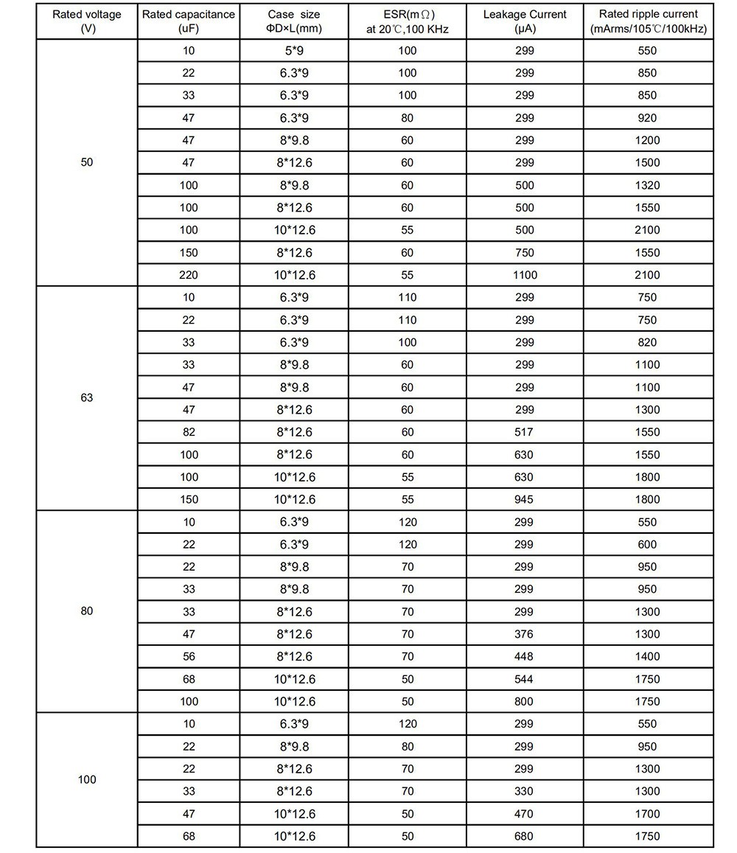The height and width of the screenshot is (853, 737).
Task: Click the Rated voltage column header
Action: click(87, 21)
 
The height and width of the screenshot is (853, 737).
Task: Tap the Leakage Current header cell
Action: click(525, 21)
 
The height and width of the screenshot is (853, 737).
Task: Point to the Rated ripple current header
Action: click(649, 21)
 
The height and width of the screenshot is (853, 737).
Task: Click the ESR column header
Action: click(408, 21)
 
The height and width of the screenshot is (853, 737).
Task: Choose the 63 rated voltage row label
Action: click(87, 397)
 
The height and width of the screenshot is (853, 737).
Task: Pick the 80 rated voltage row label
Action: click(87, 611)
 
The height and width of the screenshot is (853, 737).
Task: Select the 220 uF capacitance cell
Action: click(189, 275)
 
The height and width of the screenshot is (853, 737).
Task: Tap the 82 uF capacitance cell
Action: click(189, 432)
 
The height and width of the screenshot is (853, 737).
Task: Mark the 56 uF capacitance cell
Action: click(189, 656)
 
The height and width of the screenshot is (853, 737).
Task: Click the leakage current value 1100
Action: click(525, 275)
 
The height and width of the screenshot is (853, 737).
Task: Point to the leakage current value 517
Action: click(525, 432)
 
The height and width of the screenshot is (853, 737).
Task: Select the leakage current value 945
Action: click(525, 499)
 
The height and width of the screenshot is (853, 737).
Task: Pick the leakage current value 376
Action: click(525, 634)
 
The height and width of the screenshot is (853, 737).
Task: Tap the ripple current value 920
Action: click(649, 118)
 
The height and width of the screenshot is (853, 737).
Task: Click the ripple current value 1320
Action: click(649, 185)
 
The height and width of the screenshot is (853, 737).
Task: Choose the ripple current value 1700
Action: click(649, 814)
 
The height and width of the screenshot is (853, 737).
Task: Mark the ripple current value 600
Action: click(649, 544)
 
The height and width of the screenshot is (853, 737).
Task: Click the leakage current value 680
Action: click(525, 836)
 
